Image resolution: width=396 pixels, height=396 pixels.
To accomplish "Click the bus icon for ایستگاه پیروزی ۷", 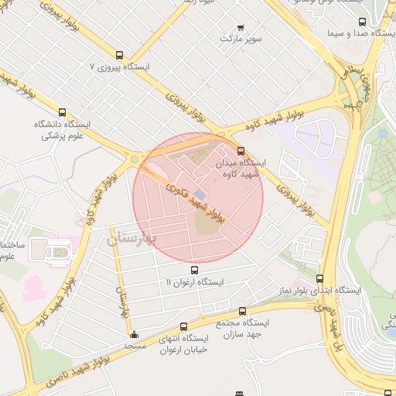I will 119,55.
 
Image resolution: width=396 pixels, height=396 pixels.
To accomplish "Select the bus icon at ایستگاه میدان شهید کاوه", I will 241,151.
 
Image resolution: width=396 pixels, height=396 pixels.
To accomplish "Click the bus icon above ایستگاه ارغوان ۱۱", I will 194,270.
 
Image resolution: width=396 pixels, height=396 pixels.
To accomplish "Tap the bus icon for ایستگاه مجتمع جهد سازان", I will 243,311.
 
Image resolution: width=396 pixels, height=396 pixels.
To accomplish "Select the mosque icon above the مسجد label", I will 135,335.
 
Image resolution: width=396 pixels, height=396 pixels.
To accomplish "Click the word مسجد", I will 135,346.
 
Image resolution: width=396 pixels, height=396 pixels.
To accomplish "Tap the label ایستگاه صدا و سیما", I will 357,33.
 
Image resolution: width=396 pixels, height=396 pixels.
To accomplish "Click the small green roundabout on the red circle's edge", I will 135,159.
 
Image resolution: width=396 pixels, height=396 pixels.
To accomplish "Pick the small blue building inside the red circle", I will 200,193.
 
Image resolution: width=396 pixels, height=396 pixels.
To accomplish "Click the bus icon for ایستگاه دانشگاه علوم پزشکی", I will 62,111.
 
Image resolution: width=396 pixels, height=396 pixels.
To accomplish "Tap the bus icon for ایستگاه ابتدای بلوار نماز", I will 320,278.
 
